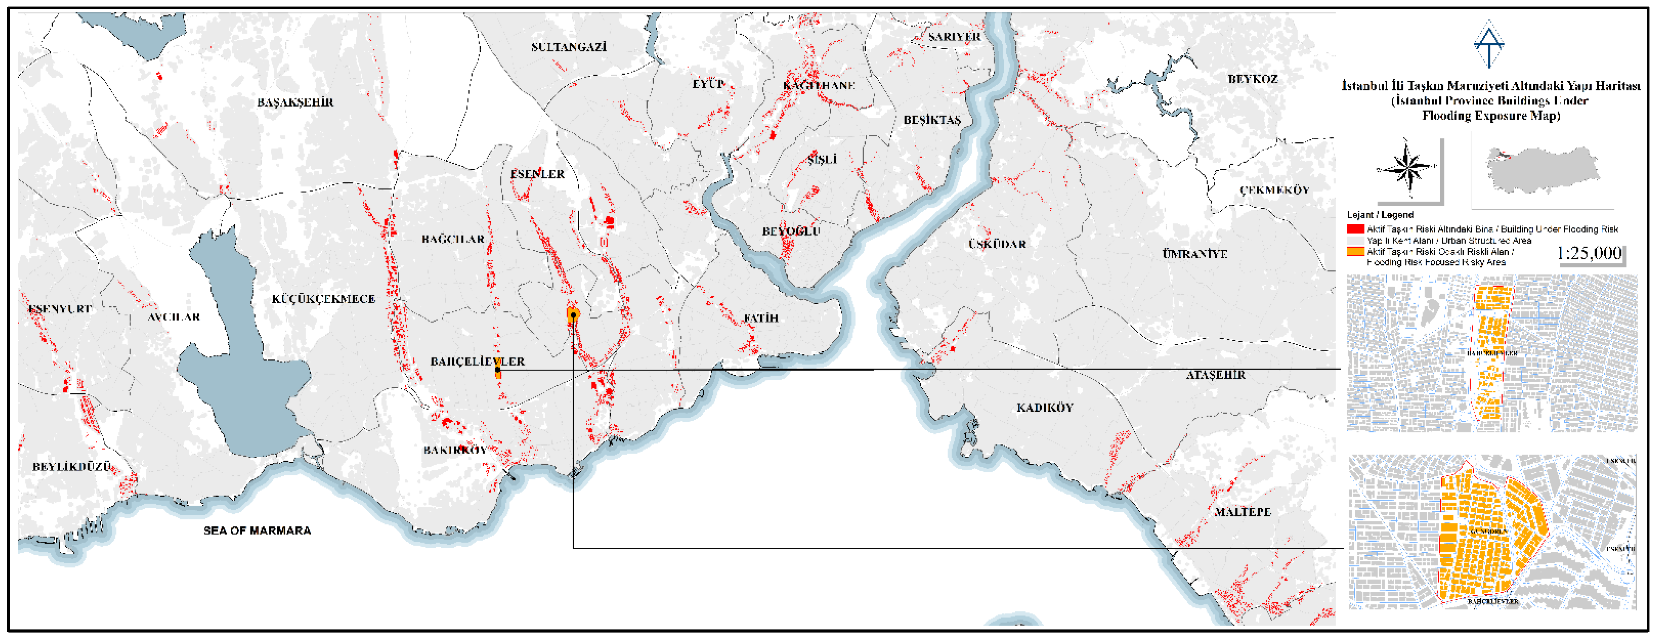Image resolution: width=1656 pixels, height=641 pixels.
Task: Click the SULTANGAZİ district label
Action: click(x=568, y=47)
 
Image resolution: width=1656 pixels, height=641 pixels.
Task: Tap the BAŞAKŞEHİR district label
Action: click(x=295, y=102)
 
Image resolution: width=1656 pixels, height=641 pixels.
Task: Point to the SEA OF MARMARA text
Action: click(x=257, y=531)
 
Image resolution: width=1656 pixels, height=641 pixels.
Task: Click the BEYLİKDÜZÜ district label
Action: click(x=72, y=467)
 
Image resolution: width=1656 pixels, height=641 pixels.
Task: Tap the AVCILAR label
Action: click(x=173, y=317)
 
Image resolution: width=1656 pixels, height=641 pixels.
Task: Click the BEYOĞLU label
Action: click(x=791, y=232)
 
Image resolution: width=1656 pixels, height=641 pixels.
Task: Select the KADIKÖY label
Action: click(x=1045, y=407)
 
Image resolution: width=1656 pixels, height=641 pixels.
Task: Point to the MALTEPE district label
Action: click(x=1242, y=512)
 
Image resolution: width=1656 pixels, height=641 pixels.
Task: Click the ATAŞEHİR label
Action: click(x=1215, y=375)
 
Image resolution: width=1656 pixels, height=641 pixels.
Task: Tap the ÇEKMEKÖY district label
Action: click(x=1274, y=190)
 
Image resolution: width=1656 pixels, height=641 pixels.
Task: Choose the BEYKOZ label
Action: click(x=1252, y=79)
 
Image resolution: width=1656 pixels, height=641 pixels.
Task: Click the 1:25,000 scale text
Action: click(x=1589, y=253)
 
